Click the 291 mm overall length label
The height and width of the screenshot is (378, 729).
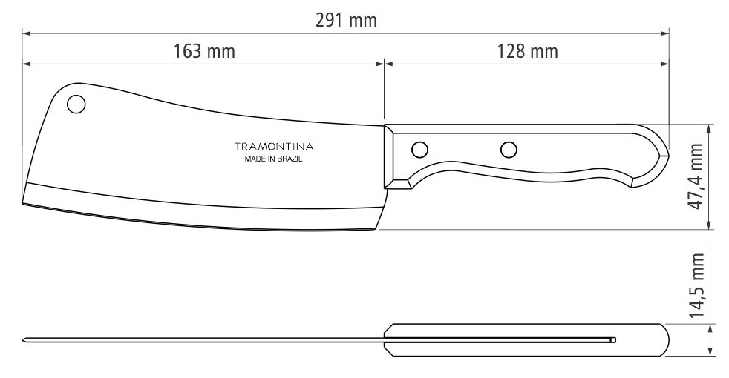[x=346, y=21]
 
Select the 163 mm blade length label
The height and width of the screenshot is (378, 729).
[x=204, y=51]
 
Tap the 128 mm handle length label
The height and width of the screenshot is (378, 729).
[x=527, y=51]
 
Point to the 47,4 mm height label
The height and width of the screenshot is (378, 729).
[x=696, y=176]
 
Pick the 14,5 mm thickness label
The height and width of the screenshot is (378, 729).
[x=696, y=285]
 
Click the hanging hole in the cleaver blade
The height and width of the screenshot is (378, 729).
[x=76, y=104]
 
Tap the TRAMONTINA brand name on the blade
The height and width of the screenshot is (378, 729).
[x=274, y=147]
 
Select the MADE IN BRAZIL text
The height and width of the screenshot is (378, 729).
[x=274, y=159]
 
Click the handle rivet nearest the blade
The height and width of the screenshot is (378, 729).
[x=420, y=150]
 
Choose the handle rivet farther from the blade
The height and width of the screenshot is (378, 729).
[x=509, y=150]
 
